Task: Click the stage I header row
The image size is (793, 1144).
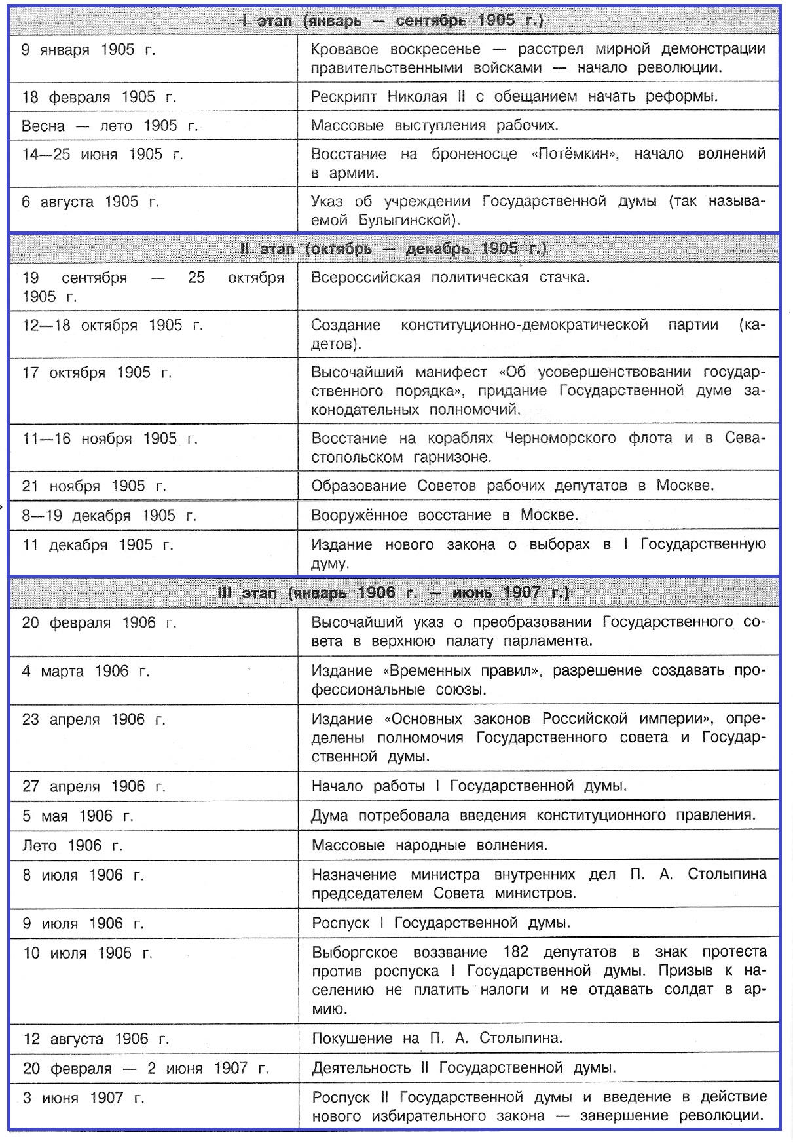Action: coord(393,21)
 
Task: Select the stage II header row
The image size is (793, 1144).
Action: coord(393,249)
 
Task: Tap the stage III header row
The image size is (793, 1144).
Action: coord(393,593)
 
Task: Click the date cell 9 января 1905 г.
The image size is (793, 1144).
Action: coord(88,50)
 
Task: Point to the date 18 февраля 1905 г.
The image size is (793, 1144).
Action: coord(99,98)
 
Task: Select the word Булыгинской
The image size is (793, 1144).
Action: coord(405,221)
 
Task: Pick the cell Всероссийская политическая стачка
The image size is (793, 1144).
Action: coord(450,278)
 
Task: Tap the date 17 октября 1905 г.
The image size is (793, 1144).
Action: coord(97,373)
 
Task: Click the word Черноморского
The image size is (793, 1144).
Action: coord(560,438)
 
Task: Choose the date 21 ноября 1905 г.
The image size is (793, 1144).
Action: coord(94,486)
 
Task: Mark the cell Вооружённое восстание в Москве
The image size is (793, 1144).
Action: coord(445,516)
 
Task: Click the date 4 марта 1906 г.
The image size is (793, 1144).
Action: coord(86,672)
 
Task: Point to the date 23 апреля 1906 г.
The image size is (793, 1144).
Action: coord(94,720)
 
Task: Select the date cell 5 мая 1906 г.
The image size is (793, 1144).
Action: coord(77,816)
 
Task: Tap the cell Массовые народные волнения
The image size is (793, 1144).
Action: coord(429,846)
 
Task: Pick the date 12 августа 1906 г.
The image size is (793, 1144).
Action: coord(96,1039)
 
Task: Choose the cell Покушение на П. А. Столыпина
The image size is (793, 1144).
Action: coord(437,1039)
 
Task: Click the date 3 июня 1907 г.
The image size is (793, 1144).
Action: coord(83,1098)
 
